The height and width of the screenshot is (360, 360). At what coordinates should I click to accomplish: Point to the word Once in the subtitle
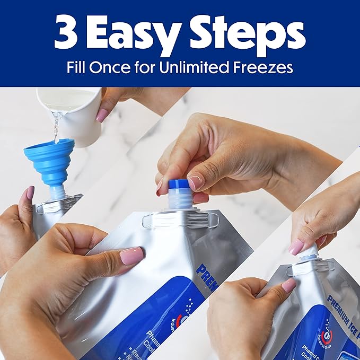click(x=113, y=68)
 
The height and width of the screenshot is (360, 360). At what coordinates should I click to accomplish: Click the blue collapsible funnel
click(x=48, y=160)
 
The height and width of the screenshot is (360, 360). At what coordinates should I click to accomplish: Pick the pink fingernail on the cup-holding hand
click(x=102, y=115)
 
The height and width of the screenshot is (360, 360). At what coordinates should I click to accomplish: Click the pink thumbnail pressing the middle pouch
click(x=131, y=256)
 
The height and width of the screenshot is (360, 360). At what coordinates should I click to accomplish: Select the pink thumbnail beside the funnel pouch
click(x=30, y=193)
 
